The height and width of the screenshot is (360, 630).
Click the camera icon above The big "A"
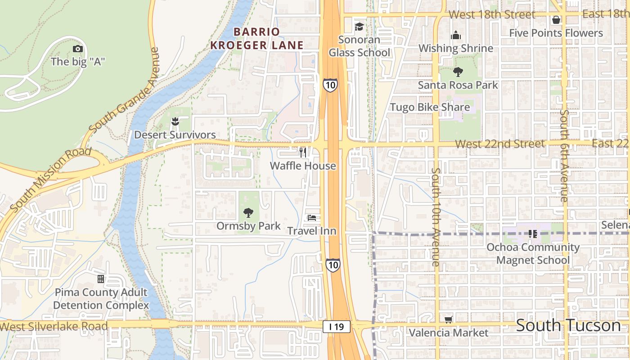[x=78, y=49]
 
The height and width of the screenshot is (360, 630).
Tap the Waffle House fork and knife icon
[x=303, y=153]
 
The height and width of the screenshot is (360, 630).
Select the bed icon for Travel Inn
[x=311, y=218]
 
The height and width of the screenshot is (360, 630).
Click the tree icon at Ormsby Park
[x=248, y=212]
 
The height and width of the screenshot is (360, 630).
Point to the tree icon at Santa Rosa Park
[x=458, y=72]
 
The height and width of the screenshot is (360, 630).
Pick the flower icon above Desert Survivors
[x=175, y=121]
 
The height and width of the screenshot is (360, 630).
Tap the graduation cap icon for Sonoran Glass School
[x=359, y=27]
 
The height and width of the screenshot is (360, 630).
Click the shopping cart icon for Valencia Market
[x=448, y=319]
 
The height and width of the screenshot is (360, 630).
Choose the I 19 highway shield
[x=336, y=327]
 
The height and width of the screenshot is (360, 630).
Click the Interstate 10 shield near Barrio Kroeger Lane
[x=330, y=85]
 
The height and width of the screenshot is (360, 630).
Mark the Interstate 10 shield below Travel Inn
[x=333, y=265]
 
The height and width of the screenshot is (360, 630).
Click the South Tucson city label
[x=568, y=325]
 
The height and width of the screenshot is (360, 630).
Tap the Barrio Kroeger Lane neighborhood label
[x=257, y=38]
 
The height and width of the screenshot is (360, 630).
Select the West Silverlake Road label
[x=54, y=326]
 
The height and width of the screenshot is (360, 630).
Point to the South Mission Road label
[x=49, y=179]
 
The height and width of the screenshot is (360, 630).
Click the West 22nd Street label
[x=499, y=144]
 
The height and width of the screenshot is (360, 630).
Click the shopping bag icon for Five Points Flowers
[x=556, y=20]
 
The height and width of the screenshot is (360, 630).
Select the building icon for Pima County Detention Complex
[x=101, y=279]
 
